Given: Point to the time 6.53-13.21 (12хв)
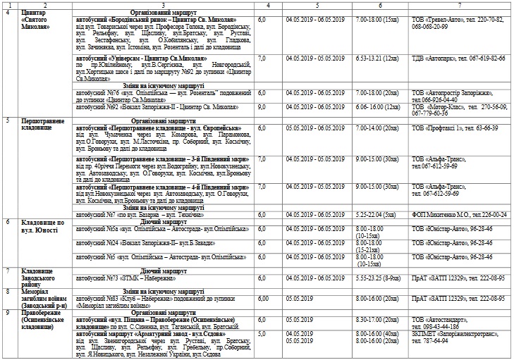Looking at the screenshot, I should [x=382, y=58].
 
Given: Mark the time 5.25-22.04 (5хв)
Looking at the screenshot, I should [x=382, y=214].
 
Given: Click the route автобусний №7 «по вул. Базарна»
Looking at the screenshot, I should [x=127, y=214].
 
